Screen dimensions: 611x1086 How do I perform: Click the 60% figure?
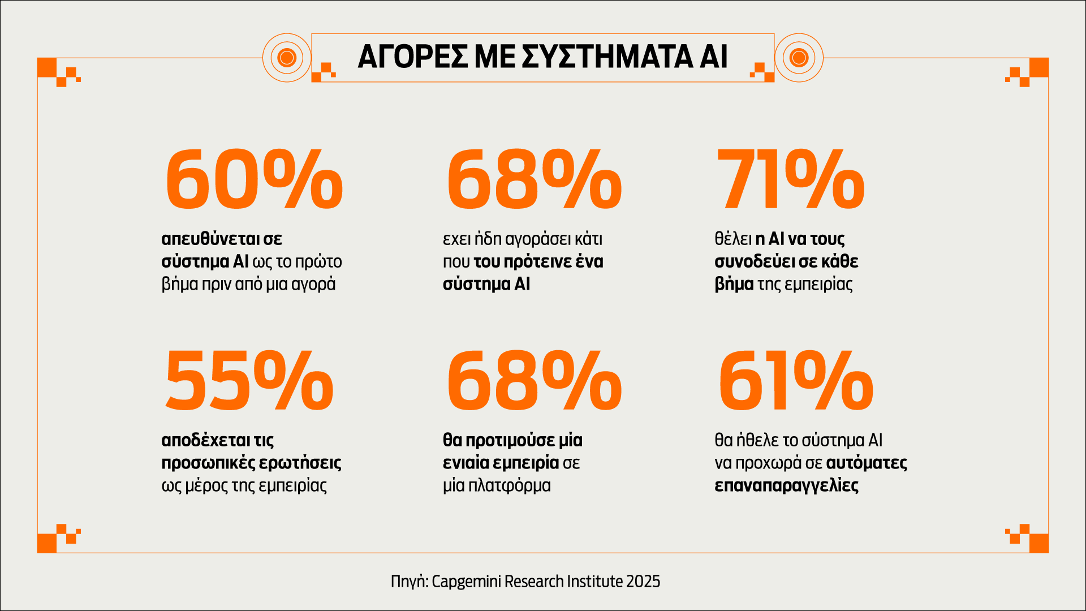click(254, 180)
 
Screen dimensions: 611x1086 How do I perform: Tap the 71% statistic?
click(790, 180)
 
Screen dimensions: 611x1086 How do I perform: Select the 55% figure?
click(249, 381)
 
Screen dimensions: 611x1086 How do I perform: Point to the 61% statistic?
click(796, 381)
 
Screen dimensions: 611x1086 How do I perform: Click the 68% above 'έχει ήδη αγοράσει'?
click(534, 180)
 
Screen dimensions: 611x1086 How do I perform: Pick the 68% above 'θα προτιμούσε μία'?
click(534, 381)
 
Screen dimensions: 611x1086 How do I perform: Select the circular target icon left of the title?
click(287, 57)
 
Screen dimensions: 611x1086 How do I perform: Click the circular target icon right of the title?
click(799, 57)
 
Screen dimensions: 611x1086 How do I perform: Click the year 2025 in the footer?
click(643, 582)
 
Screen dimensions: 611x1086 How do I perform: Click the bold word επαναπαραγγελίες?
click(786, 485)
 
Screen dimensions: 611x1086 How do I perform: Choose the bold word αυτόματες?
click(867, 463)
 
